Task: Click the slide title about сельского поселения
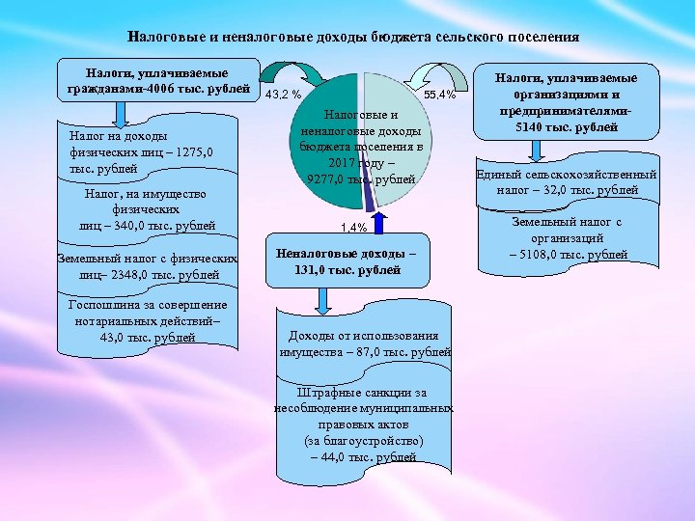(x=353, y=39)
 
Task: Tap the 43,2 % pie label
(x=284, y=95)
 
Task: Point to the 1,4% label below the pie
(x=354, y=228)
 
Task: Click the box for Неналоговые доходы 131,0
(x=348, y=261)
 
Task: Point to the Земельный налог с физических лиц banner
(x=147, y=267)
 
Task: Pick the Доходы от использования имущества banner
(x=365, y=343)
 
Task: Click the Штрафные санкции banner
(x=365, y=425)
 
